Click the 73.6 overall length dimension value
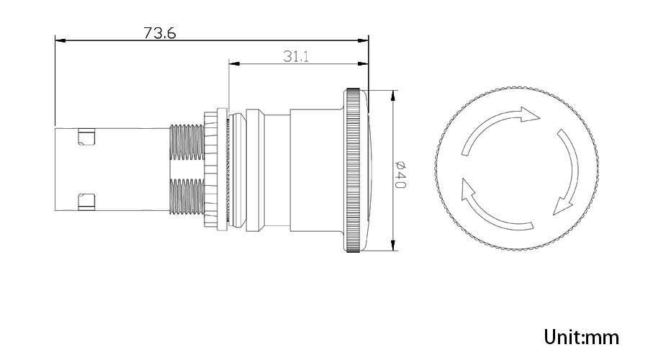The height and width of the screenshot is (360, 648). click(x=161, y=33)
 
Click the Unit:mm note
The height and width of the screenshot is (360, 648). click(x=582, y=336)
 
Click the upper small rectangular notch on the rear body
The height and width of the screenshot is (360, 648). click(x=86, y=136)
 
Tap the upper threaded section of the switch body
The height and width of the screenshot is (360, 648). click(x=186, y=140)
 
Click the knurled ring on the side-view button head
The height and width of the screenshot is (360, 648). click(x=353, y=171)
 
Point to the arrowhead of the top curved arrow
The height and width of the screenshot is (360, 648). click(x=531, y=115)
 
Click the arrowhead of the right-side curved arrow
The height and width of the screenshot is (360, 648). click(x=561, y=208)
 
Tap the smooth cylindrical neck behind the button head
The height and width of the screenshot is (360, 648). click(x=277, y=171)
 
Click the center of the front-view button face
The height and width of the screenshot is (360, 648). click(x=517, y=171)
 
